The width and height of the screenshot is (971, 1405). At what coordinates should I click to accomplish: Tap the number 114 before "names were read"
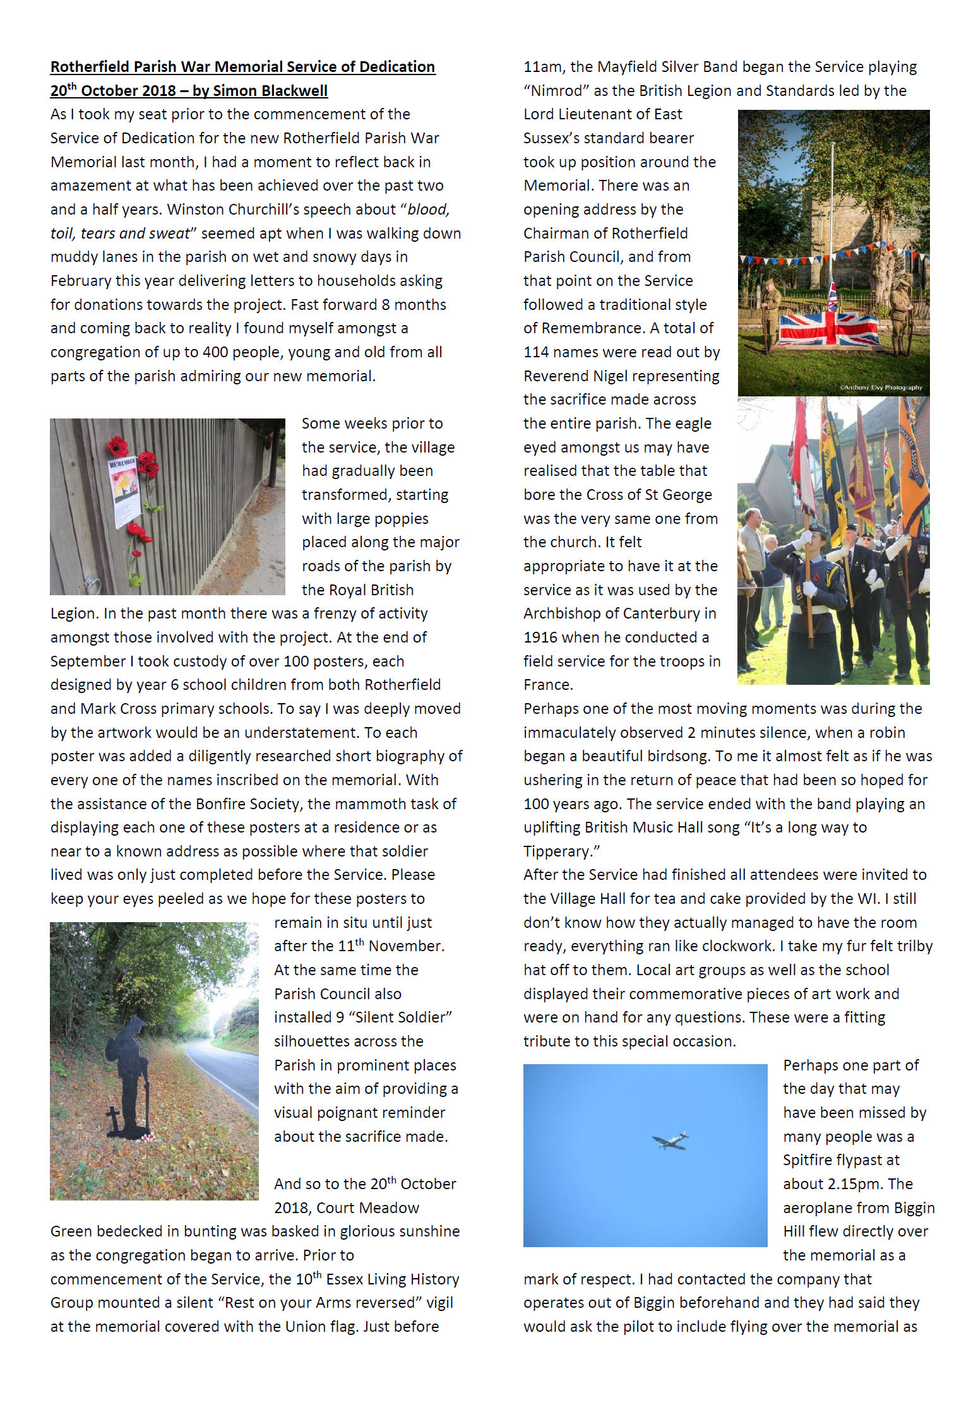click(x=536, y=352)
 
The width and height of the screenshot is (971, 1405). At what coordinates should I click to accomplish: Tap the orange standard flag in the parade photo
click(x=913, y=467)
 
